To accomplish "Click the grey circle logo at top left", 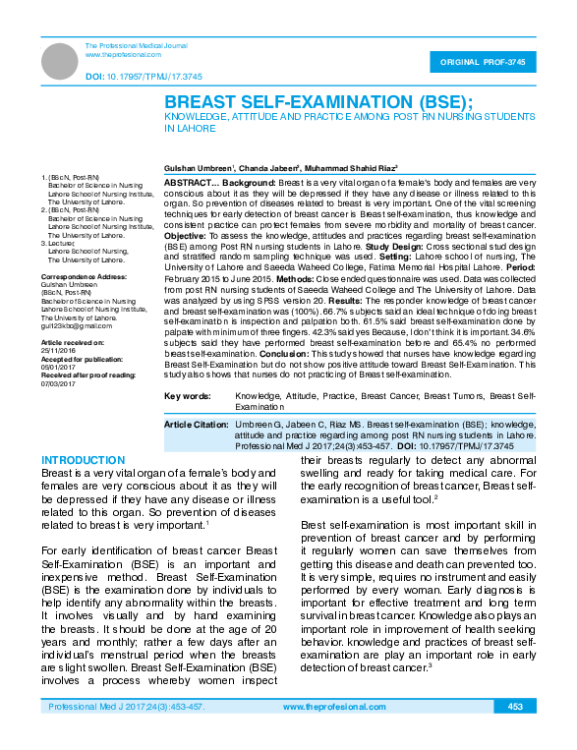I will point(62,61).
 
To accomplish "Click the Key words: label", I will point(187,395).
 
